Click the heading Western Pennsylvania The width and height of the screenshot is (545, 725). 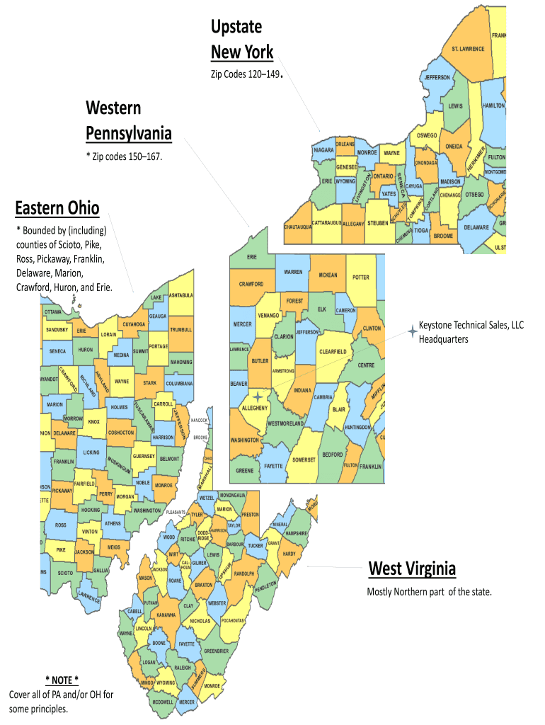[128, 120]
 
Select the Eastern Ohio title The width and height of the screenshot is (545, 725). [57, 208]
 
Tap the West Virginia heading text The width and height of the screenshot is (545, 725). [412, 569]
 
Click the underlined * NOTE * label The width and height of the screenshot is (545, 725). [62, 680]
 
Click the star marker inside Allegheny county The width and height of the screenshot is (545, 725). [258, 398]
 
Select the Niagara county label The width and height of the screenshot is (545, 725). [323, 150]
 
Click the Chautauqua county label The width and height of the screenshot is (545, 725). [298, 227]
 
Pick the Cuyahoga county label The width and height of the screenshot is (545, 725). [134, 324]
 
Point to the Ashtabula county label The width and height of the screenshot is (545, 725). [180, 295]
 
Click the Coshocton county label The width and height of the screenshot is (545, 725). [120, 433]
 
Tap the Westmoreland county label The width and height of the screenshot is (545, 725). [285, 423]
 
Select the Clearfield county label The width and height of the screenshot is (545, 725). [332, 351]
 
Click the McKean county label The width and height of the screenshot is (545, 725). [328, 275]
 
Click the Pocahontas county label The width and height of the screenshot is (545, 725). [233, 620]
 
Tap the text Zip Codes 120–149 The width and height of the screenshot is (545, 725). [245, 74]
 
